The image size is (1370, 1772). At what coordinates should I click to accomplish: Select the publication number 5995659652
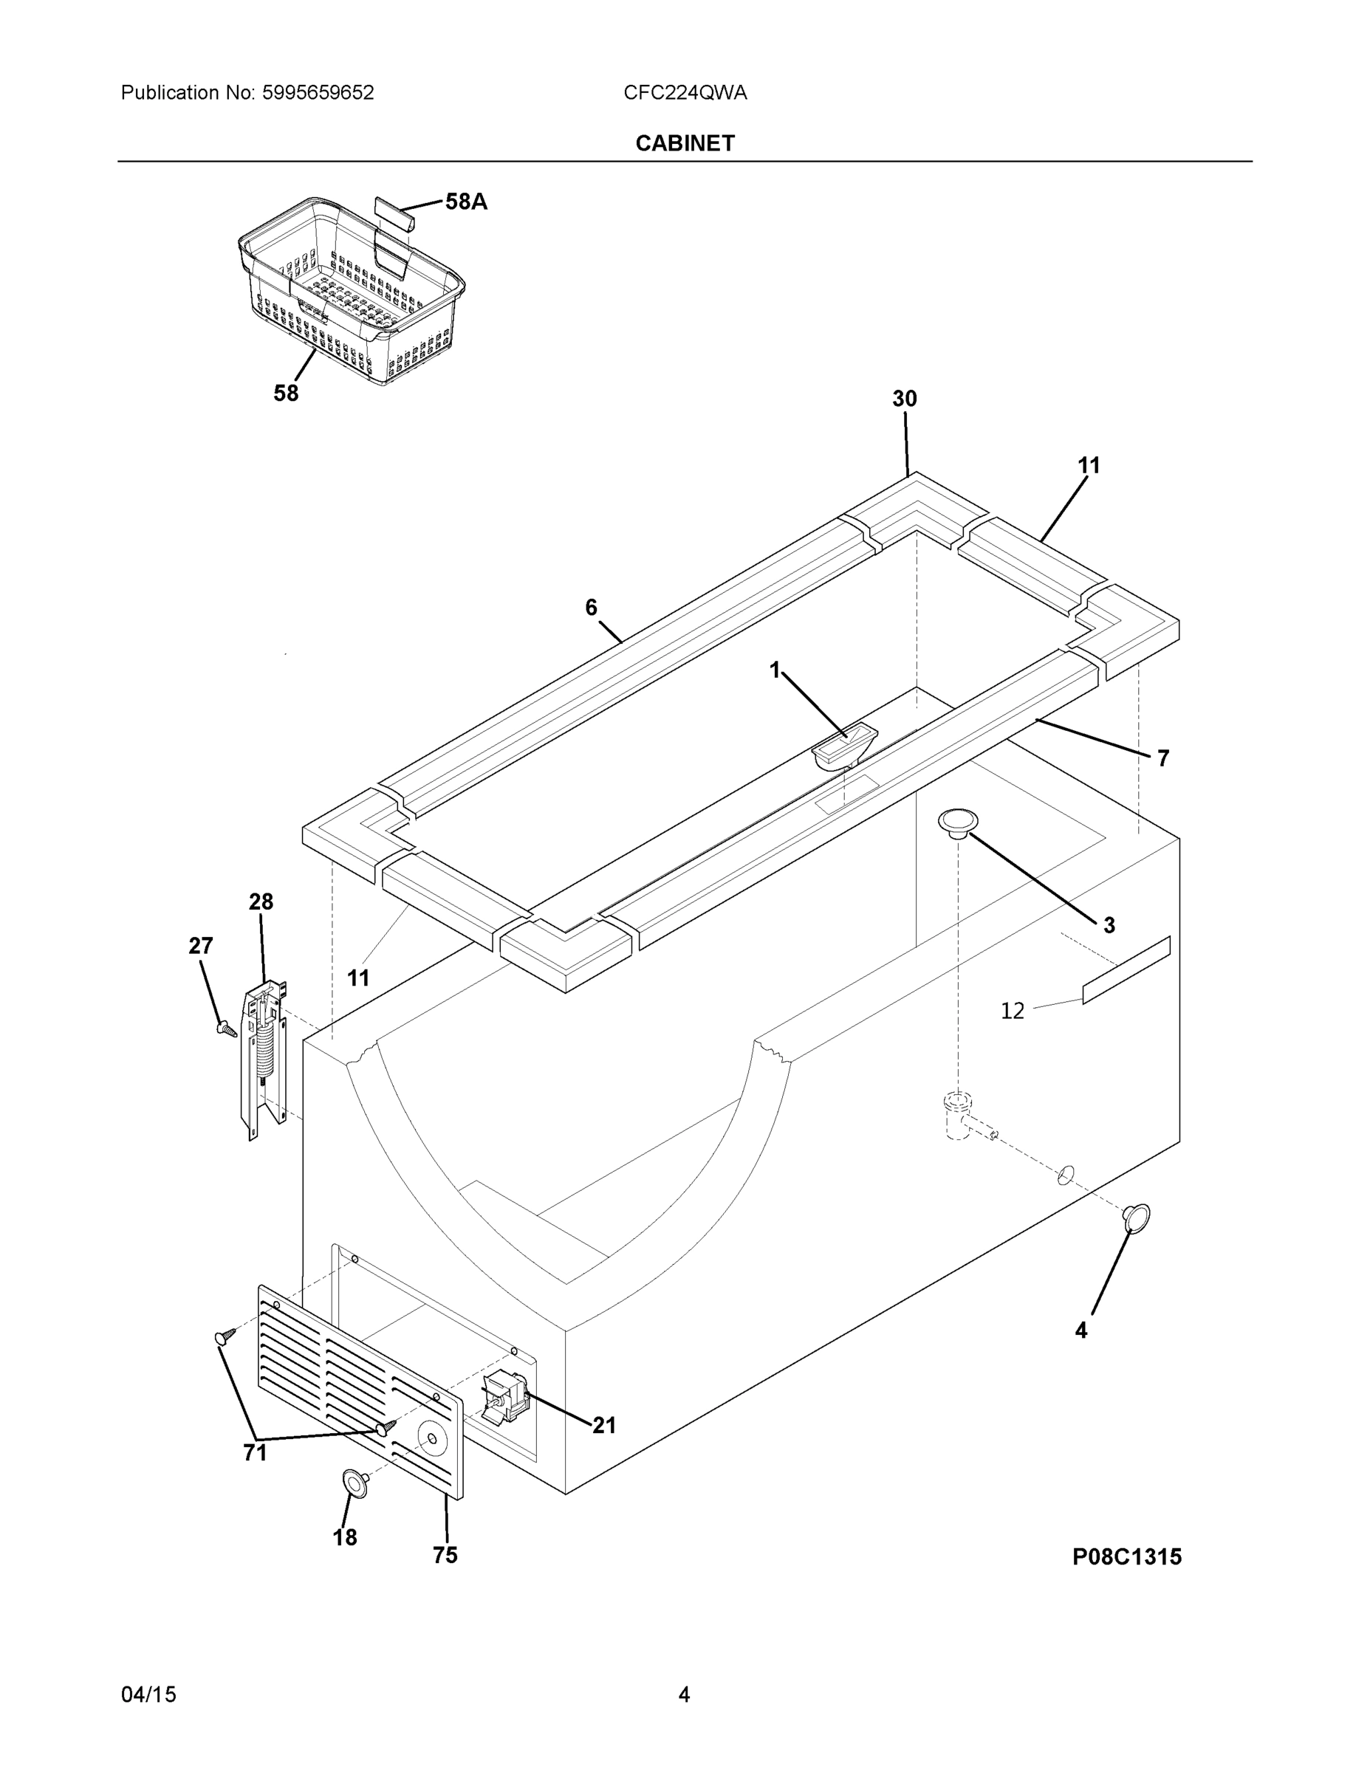pyautogui.click(x=318, y=92)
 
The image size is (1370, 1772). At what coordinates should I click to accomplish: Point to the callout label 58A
pyautogui.click(x=466, y=202)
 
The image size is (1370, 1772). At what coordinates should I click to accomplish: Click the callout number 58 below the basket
pyautogui.click(x=286, y=394)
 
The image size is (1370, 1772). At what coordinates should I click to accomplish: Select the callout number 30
pyautogui.click(x=904, y=399)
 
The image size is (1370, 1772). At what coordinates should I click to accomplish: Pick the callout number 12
pyautogui.click(x=1012, y=1011)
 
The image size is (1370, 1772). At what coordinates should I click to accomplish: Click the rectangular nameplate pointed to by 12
pyautogui.click(x=1126, y=970)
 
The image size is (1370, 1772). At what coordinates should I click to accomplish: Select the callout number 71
pyautogui.click(x=255, y=1452)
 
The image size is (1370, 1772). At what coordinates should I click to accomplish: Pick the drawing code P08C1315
pyautogui.click(x=1126, y=1557)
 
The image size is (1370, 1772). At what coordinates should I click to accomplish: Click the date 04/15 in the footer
pyautogui.click(x=148, y=1695)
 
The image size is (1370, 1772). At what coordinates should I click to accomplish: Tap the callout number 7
pyautogui.click(x=1162, y=758)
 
